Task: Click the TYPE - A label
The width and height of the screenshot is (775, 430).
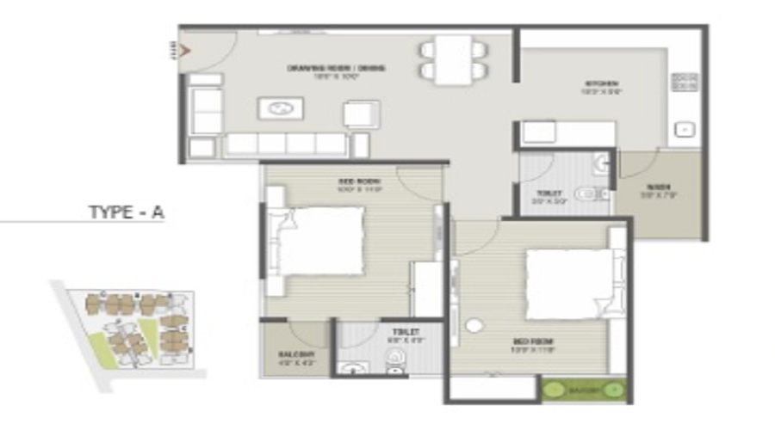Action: click(127, 212)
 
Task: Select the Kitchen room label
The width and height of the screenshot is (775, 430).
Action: click(600, 84)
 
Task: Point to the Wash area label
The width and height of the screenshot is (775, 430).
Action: click(659, 188)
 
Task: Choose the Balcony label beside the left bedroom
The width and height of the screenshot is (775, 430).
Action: click(290, 354)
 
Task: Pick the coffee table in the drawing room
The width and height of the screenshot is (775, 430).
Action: click(280, 108)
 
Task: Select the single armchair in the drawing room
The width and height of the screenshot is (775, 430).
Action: click(361, 114)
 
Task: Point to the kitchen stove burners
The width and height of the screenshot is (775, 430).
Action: click(684, 83)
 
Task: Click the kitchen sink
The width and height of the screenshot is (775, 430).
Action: click(684, 129)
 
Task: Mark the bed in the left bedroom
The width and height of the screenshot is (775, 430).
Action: click(320, 241)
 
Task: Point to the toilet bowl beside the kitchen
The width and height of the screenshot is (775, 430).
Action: click(593, 194)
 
